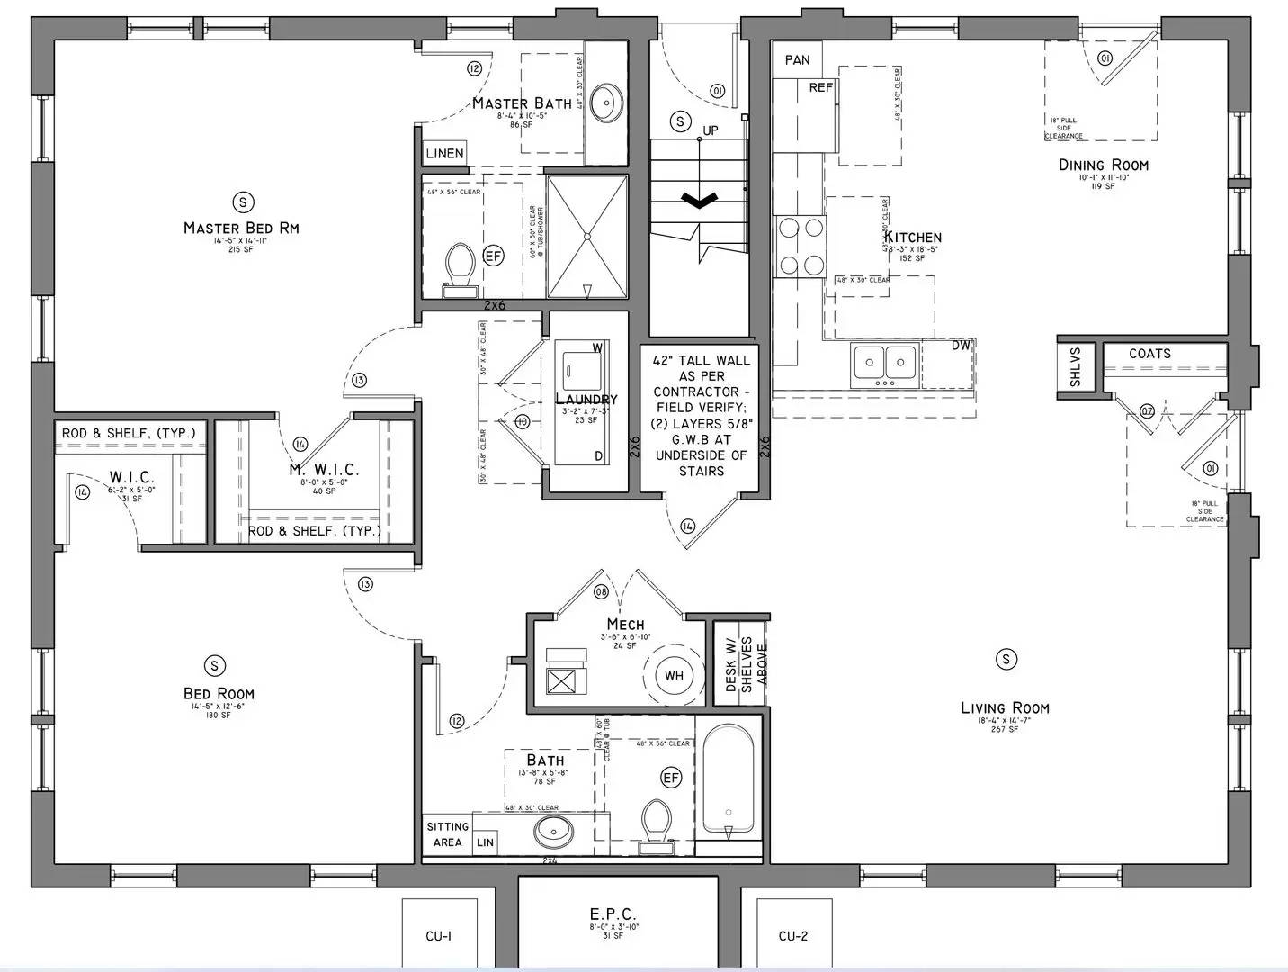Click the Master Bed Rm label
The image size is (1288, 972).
tap(241, 228)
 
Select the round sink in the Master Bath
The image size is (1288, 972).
tap(608, 103)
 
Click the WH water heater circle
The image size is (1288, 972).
tap(674, 676)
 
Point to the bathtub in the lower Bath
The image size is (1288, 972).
tap(728, 781)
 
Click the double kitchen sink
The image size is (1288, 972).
tap(883, 364)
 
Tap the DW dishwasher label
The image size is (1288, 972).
tap(961, 346)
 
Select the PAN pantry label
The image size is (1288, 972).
tap(797, 60)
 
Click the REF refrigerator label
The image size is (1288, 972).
tap(820, 88)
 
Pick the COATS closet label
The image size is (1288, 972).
tap(1149, 354)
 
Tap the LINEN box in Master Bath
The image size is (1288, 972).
tap(444, 153)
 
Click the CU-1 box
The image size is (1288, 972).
tap(439, 935)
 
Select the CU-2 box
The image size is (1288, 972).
tap(792, 935)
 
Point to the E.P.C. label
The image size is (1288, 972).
tap(613, 914)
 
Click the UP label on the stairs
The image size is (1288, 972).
tap(711, 130)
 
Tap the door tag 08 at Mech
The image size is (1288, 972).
tap(601, 591)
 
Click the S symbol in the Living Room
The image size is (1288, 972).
tap(1006, 660)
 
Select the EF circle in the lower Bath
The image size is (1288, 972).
tap(671, 778)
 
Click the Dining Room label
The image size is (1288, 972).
tap(1103, 165)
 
